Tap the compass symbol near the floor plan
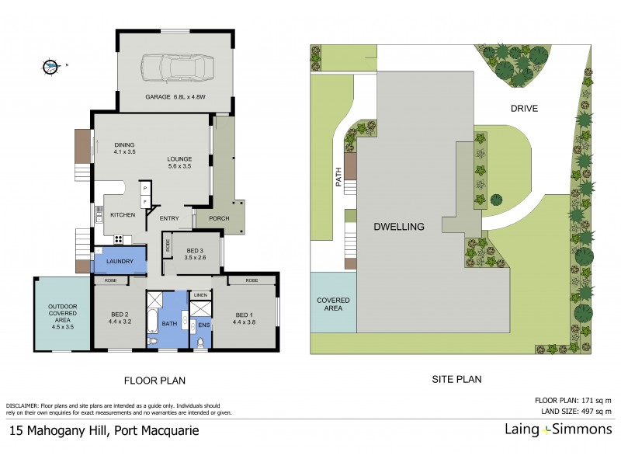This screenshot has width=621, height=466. (52, 67)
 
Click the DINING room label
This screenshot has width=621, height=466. (125, 148)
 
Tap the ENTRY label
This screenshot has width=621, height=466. (169, 218)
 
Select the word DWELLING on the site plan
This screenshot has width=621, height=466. (399, 227)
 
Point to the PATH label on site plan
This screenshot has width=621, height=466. (338, 179)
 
